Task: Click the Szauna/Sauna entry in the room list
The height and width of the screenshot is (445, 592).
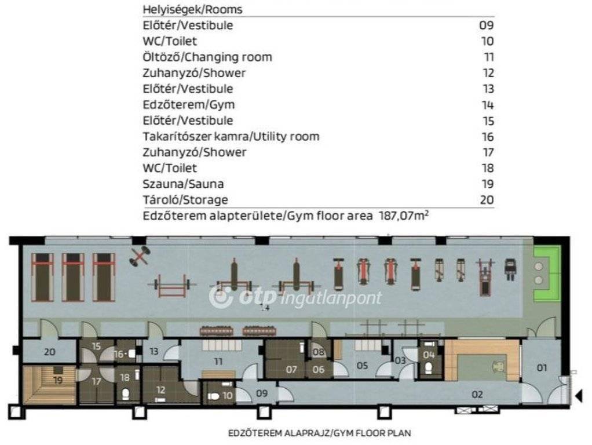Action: pos(183,184)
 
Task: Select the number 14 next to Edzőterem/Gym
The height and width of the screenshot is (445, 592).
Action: pos(488,105)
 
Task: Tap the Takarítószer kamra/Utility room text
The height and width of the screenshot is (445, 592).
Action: pos(231,136)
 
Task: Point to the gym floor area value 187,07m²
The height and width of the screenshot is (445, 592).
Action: pos(404,216)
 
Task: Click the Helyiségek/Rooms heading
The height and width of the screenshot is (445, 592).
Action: pos(192,9)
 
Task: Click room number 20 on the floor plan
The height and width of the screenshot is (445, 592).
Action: pos(49,352)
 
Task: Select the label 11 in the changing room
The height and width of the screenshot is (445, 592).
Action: pos(218,362)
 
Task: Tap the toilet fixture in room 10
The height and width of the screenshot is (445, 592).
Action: pos(213,396)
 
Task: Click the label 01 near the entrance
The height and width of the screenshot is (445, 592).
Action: pos(542,367)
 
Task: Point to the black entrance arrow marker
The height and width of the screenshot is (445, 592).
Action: pos(579,396)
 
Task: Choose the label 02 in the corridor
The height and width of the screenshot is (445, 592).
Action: pos(477,395)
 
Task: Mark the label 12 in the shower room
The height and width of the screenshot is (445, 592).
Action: pos(161,390)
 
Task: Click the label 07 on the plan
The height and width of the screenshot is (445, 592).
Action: pos(291,369)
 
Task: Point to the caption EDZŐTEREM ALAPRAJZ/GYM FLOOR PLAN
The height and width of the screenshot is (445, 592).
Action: pos(319,433)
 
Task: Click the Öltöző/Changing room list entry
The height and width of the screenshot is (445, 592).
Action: pos(207,57)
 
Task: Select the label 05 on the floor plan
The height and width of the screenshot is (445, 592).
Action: pos(362,365)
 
